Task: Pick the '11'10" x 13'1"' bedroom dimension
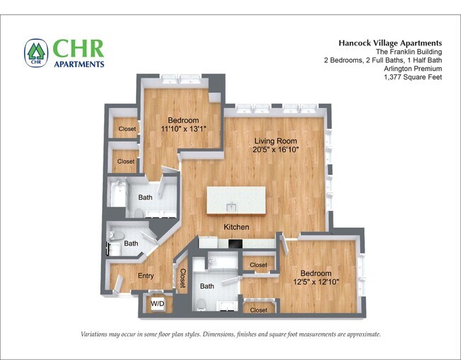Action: [x=183, y=129]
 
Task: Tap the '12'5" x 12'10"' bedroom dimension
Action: [x=316, y=282]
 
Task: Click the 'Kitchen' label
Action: [x=236, y=227]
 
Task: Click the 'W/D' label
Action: [x=157, y=305]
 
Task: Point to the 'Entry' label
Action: [x=145, y=276]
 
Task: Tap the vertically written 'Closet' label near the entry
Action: [x=182, y=277]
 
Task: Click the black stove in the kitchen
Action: [x=235, y=244]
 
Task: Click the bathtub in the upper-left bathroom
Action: [x=118, y=193]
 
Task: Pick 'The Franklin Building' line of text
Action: [x=410, y=52]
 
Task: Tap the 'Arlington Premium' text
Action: [x=413, y=69]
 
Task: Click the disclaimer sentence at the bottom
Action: [x=230, y=334]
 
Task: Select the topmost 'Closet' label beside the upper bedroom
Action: [x=127, y=129]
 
